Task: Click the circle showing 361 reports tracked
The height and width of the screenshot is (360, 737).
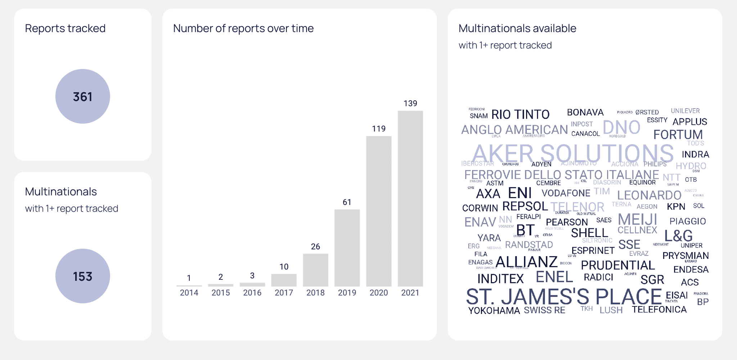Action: pos(82,96)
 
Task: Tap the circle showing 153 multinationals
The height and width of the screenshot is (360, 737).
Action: pos(82,276)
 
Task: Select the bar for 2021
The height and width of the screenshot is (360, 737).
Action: pos(410,198)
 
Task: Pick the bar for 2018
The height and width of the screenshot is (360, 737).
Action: pos(315,270)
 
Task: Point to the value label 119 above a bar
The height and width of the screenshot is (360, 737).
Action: pos(379,129)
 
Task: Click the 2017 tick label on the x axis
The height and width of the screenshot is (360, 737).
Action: pos(284,293)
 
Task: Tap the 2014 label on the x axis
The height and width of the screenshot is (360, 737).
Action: pos(189,293)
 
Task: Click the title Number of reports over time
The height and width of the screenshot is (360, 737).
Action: pos(243,28)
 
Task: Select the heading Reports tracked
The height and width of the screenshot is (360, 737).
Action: pos(65,28)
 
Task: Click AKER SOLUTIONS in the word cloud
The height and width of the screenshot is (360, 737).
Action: pos(573,153)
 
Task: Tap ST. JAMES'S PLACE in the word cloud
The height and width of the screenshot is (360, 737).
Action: pos(564,297)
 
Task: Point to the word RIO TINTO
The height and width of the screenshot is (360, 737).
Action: pos(520,114)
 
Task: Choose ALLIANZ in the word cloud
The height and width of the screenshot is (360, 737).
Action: pos(526,262)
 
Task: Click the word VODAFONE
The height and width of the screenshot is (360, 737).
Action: pos(566,193)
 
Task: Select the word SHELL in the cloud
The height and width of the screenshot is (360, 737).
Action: pos(589,233)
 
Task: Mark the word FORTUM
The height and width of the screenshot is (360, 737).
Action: pos(678,135)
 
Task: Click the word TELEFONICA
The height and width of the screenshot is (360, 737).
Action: pos(659,309)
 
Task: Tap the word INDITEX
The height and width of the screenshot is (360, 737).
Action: pos(500,279)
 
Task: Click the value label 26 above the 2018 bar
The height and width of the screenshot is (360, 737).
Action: pos(315,247)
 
